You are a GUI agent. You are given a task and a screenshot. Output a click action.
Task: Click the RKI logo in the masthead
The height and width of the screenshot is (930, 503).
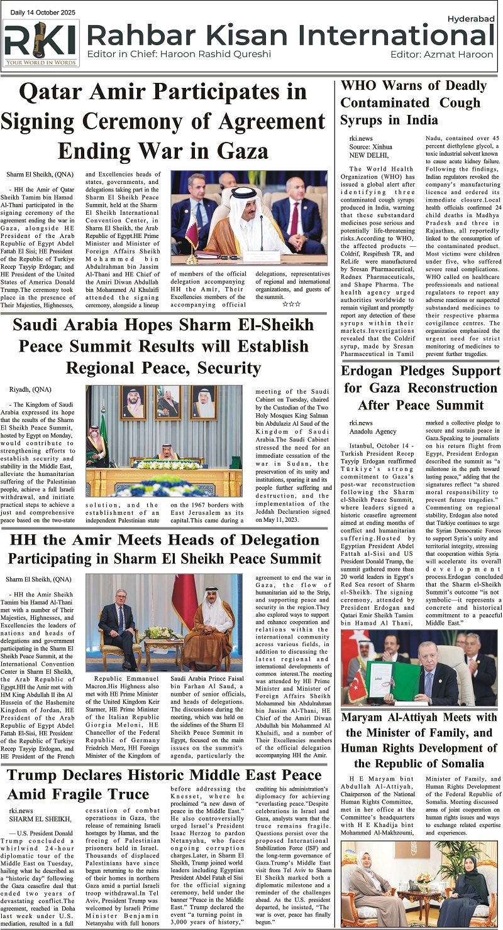[x=41, y=43]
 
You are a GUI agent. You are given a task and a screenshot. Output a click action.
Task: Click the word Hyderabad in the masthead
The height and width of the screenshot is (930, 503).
[x=471, y=19]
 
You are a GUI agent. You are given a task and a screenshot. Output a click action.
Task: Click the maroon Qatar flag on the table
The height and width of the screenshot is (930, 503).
[x=192, y=233]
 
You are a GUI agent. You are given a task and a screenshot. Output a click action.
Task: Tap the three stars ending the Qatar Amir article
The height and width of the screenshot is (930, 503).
[x=291, y=304]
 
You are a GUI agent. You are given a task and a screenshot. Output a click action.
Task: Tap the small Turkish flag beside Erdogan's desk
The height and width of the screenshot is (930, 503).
[x=358, y=686]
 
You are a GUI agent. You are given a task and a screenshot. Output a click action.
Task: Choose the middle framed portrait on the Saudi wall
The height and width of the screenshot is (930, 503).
[x=168, y=402]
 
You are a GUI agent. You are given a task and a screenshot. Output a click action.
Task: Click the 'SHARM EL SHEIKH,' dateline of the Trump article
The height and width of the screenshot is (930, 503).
[x=36, y=818]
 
